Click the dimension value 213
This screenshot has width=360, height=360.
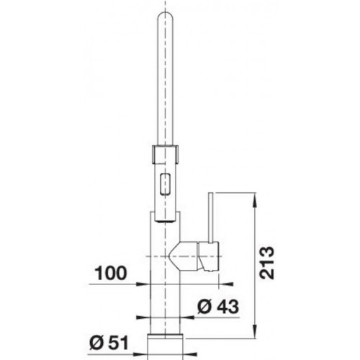(x=267, y=263)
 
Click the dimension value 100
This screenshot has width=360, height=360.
(x=111, y=273)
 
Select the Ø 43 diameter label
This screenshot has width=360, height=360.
(x=218, y=306)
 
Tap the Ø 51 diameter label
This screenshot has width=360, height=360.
(x=109, y=343)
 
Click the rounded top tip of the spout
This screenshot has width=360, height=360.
(x=165, y=12)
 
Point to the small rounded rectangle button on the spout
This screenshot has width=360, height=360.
(x=165, y=184)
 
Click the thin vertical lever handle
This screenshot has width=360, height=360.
(x=211, y=217)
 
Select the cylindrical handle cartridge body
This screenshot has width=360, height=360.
(x=208, y=256)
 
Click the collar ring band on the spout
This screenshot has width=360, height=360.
(x=165, y=154)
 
